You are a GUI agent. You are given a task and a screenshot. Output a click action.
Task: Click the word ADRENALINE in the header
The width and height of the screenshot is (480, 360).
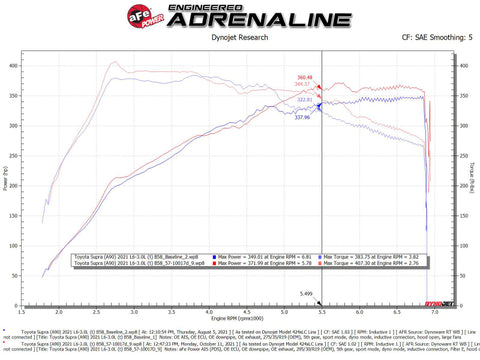(240, 20)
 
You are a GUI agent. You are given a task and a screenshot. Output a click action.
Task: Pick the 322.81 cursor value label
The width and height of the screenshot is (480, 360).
(333, 99)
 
